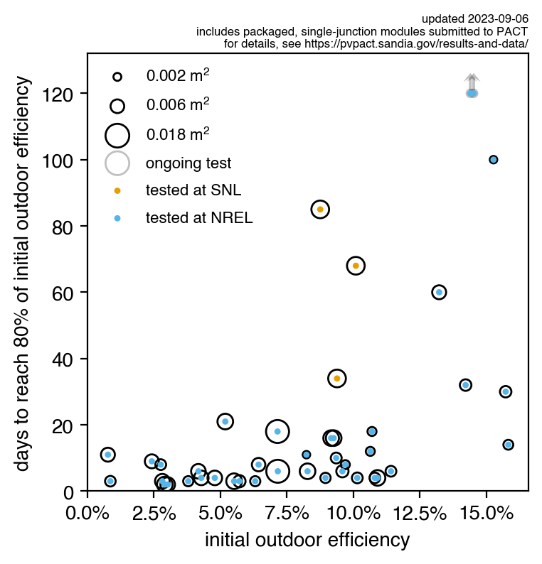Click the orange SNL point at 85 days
tap(320, 210)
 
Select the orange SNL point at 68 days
tap(356, 266)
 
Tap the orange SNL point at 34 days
tap(337, 379)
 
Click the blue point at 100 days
tap(493, 160)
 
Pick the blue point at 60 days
tap(439, 292)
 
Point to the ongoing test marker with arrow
tap(472, 93)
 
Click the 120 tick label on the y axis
tap(65, 94)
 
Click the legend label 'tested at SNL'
tap(193, 190)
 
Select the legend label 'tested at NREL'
tap(199, 218)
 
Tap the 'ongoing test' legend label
tap(188, 163)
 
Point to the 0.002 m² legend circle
tap(117, 76)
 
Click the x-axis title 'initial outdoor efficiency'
tap(307, 541)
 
